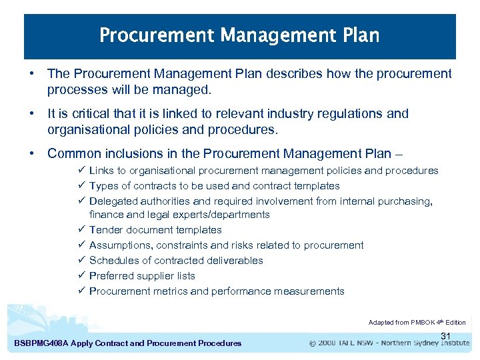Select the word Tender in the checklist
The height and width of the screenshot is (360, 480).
click(x=105, y=230)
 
